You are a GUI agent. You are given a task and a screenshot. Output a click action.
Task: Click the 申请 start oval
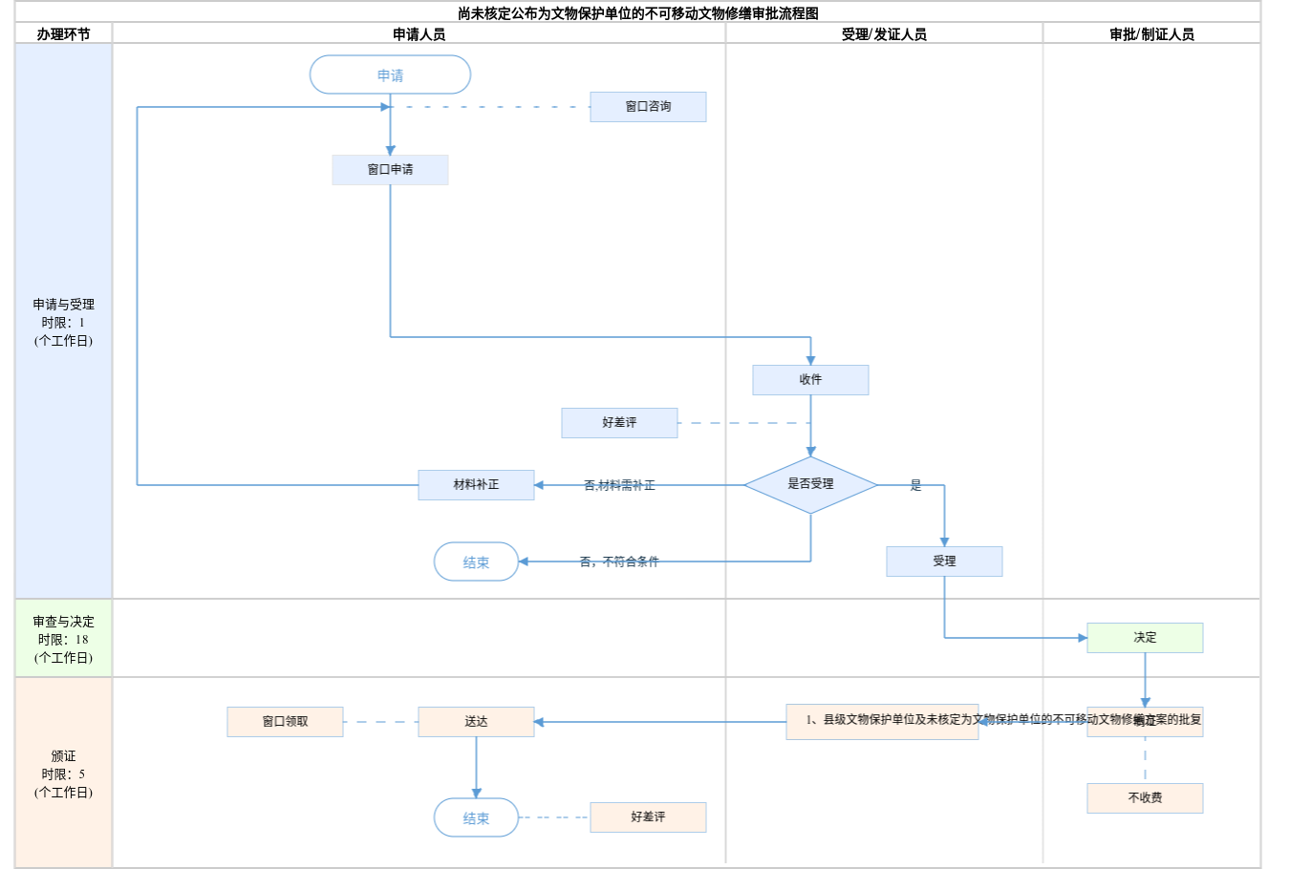(390, 74)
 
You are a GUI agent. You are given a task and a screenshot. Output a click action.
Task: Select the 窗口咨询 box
(648, 107)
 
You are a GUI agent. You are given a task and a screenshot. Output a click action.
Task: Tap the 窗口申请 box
(390, 170)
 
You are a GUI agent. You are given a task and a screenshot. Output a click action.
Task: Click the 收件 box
(810, 380)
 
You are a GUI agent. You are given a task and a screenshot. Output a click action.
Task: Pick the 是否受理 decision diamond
(810, 485)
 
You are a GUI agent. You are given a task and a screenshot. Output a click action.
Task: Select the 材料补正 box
(476, 485)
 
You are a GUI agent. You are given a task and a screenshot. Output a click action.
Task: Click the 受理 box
(944, 562)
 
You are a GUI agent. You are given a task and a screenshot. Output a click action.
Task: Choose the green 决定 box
(1145, 638)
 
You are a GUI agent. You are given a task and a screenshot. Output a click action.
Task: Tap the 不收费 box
(1145, 798)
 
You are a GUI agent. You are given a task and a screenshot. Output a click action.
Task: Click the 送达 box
(476, 722)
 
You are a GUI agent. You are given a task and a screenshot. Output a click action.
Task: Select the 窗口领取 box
(285, 722)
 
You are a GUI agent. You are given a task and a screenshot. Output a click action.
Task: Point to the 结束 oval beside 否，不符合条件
(476, 562)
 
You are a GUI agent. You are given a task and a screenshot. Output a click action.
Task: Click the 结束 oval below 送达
(476, 818)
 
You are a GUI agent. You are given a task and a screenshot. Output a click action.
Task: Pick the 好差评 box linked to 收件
(619, 423)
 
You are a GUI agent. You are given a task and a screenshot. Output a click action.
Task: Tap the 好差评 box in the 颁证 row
(648, 817)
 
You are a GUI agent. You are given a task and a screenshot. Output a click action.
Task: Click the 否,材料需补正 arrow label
(619, 486)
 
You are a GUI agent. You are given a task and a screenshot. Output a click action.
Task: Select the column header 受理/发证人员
(884, 34)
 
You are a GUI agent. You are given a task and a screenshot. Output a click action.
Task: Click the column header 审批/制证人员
(1151, 34)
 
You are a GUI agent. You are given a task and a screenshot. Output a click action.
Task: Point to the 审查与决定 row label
(63, 639)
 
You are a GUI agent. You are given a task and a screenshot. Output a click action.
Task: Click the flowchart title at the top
(637, 13)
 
